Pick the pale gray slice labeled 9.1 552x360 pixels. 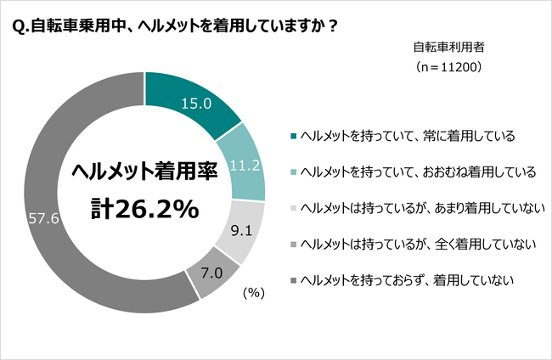coord(239,229)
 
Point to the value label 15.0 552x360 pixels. coord(197,104)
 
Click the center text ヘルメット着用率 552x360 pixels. coord(144,171)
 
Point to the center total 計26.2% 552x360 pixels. coord(144,209)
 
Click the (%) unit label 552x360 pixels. coord(255,293)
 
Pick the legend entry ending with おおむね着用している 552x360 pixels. coord(413,172)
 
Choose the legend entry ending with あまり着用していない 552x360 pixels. coord(413,209)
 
